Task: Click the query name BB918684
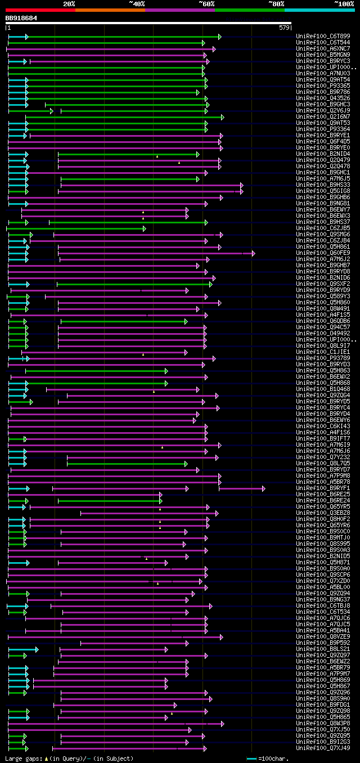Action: tap(21, 18)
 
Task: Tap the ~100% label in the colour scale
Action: tap(344, 3)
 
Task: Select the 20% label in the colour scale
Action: tap(69, 3)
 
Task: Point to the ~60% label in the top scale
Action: tap(206, 3)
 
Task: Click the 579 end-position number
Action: tap(284, 28)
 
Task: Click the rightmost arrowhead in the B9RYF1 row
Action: tap(263, 488)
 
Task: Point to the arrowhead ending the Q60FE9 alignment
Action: tap(254, 253)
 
